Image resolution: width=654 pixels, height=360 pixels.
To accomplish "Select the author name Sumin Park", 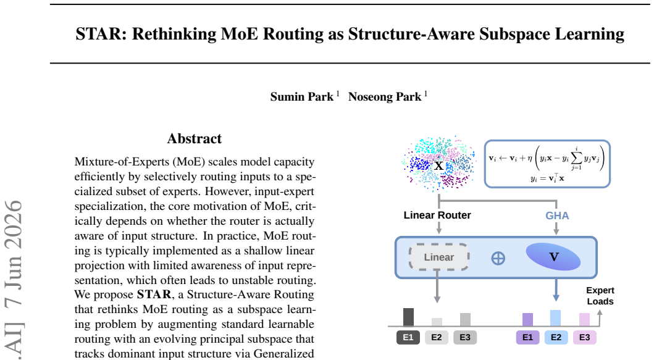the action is coord(302,97).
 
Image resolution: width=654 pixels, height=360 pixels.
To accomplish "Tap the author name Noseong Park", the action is coord(385,97).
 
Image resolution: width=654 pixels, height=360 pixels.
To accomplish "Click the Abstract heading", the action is coord(195,138).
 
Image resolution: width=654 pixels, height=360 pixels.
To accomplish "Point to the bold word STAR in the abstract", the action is coord(154,295).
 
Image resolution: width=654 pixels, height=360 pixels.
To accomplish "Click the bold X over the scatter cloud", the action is coord(439,165).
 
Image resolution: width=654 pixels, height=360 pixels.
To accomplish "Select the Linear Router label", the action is coord(437,216).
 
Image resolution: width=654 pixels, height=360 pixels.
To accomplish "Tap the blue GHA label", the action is coord(557,216).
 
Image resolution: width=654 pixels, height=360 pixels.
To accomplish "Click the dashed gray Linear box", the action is coord(439,257).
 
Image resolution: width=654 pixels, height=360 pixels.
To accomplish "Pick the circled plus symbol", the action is coord(498,258).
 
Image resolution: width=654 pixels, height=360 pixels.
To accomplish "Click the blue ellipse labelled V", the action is coord(553,257).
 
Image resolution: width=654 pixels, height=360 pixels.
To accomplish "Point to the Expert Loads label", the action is coord(600,296).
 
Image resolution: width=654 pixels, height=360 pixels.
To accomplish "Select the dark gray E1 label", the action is coord(408,337).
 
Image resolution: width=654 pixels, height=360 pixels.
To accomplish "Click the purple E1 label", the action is coord(527,337).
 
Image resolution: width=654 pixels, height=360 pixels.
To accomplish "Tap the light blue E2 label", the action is coord(556,337).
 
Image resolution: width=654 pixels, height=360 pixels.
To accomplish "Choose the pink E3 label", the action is coord(584,337).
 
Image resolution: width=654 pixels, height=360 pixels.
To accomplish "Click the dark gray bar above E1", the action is coord(408,317).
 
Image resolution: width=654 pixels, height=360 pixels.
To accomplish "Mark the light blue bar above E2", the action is coord(556,318).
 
